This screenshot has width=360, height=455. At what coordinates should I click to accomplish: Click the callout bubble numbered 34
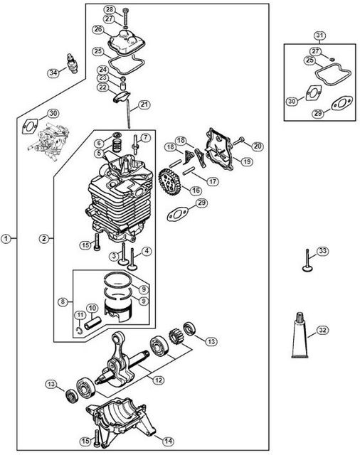pyautogui.click(x=53, y=73)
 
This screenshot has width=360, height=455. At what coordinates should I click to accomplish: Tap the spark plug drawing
pyautogui.click(x=72, y=63)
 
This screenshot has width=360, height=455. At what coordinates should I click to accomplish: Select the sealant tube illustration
pyautogui.click(x=300, y=335)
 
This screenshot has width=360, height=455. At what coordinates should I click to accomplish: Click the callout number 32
pyautogui.click(x=322, y=330)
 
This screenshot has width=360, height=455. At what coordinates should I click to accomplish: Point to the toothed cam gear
pyautogui.click(x=169, y=182)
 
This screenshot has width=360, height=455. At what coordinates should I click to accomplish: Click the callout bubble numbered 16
pyautogui.click(x=196, y=190)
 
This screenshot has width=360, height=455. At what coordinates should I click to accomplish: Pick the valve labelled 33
pyautogui.click(x=307, y=260)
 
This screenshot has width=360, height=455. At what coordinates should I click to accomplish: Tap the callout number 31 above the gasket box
pyautogui.click(x=319, y=36)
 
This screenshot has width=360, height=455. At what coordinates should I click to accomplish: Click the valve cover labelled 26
pyautogui.click(x=127, y=44)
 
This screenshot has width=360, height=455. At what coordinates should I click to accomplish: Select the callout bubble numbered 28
pyautogui.click(x=110, y=9)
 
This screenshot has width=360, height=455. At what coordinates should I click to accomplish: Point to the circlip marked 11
pyautogui.click(x=79, y=330)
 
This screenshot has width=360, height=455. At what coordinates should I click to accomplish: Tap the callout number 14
pyautogui.click(x=168, y=441)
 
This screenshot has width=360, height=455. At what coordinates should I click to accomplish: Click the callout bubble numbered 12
pyautogui.click(x=159, y=380)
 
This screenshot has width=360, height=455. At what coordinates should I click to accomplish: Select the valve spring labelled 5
pyautogui.click(x=117, y=145)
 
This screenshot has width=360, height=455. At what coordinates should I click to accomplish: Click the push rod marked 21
pyautogui.click(x=128, y=114)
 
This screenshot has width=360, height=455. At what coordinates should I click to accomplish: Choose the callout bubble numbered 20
pyautogui.click(x=258, y=146)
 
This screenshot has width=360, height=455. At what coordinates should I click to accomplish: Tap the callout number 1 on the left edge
pyautogui.click(x=6, y=239)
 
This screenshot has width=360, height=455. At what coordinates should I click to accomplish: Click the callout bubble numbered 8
pyautogui.click(x=63, y=301)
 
